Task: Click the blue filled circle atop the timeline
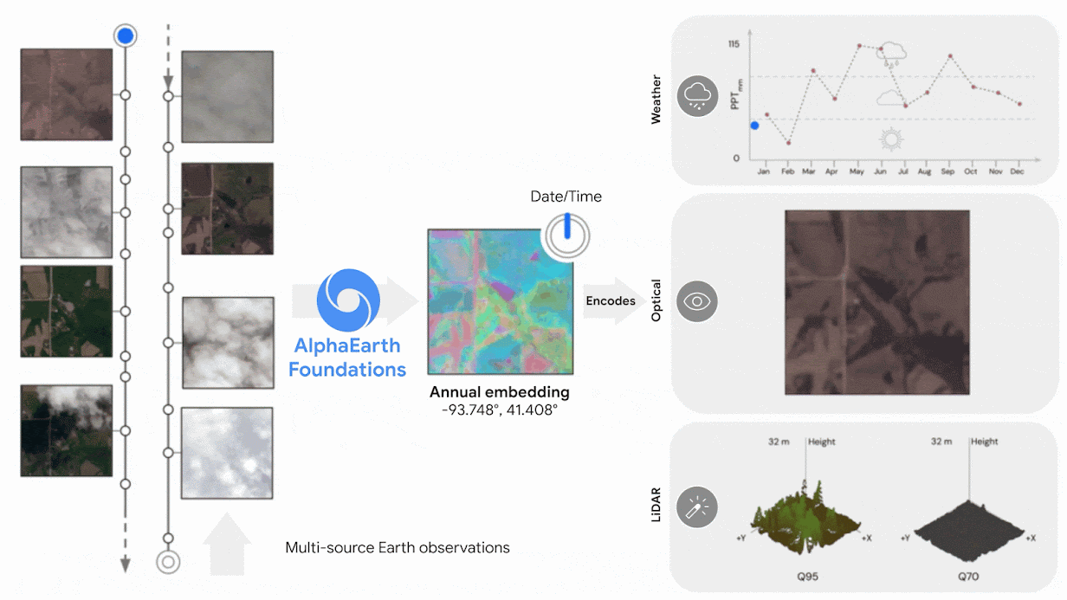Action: click(x=126, y=35)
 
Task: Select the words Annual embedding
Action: click(x=500, y=392)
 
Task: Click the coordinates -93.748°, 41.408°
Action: click(x=500, y=409)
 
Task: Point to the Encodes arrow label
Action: click(x=611, y=301)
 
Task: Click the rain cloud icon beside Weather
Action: click(x=697, y=96)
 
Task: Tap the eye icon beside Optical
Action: click(x=697, y=301)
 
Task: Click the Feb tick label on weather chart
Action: click(x=787, y=171)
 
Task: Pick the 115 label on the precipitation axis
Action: click(x=734, y=44)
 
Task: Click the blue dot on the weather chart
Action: click(x=754, y=126)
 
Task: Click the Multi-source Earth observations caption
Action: click(x=398, y=547)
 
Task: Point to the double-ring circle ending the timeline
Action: click(x=168, y=562)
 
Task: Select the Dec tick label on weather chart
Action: click(x=1017, y=171)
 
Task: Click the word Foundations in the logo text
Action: click(x=346, y=370)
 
